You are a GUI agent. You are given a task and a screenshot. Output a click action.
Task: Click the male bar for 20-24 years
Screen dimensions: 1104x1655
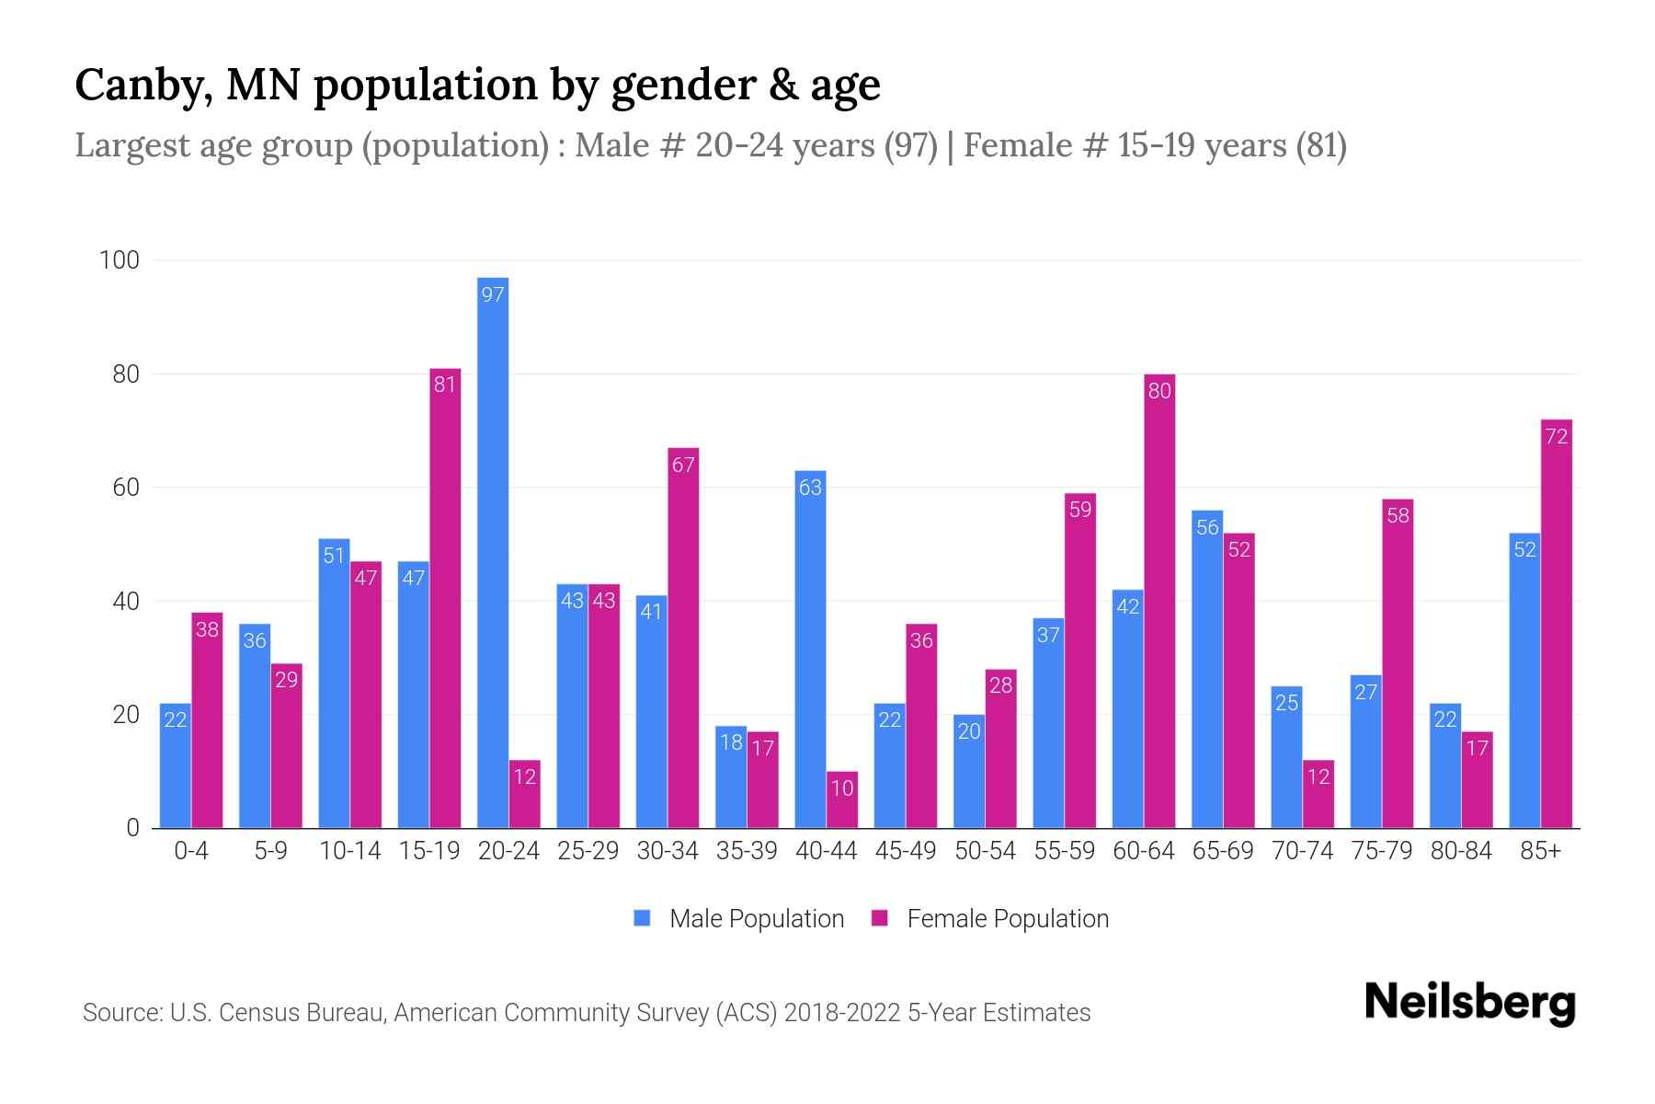493,552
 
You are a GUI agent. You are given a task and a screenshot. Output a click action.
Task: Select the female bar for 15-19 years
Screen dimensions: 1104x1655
445,598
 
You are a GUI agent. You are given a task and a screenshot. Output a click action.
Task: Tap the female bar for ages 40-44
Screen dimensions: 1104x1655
842,799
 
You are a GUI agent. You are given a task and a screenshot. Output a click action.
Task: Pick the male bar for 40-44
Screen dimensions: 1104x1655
810,649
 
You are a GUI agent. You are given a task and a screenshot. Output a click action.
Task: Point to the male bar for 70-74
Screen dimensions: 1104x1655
1286,756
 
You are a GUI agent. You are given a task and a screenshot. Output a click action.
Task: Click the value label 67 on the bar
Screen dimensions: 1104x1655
683,466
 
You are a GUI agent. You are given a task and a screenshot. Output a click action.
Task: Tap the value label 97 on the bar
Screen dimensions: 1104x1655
493,295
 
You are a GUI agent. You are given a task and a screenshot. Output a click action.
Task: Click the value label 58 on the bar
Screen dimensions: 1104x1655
1398,516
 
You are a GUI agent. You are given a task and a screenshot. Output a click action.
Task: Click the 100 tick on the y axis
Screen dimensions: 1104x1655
120,260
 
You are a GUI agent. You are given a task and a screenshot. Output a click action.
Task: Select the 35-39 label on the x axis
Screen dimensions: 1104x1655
747,851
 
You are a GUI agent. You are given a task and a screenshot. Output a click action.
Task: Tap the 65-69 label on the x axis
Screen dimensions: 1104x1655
1223,851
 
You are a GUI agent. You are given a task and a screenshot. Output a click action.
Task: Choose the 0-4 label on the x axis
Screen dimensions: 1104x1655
191,851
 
